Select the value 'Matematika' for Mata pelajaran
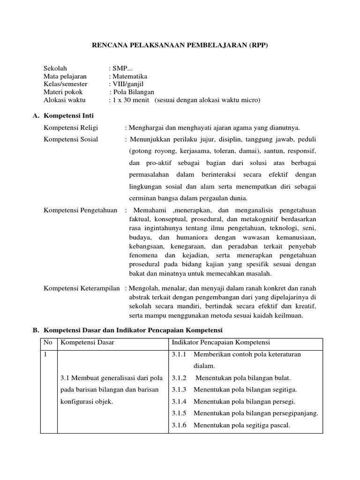[129, 76]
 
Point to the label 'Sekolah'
[55, 68]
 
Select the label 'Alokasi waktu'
[63, 100]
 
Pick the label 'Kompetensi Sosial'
[71, 139]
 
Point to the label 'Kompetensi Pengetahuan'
[80, 210]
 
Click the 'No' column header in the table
[48, 342]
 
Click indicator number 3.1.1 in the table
[179, 354]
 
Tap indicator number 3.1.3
[179, 390]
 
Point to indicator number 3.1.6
[179, 426]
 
